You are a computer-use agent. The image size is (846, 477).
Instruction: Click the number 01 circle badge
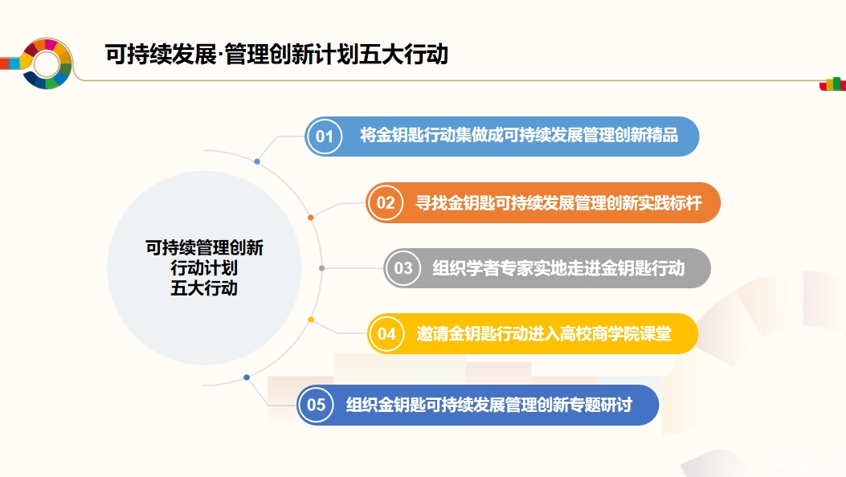tap(325, 137)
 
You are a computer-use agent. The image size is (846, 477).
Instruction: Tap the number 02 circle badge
tap(385, 202)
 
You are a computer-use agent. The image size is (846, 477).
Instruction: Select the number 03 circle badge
tap(403, 268)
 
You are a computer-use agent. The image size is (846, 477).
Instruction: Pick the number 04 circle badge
tap(386, 333)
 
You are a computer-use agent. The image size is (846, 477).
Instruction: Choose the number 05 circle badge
tap(316, 405)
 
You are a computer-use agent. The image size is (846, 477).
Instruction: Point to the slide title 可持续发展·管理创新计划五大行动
tap(276, 55)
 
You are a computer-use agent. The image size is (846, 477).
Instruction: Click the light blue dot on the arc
tap(257, 161)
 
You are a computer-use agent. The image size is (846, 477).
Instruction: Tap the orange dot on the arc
tap(311, 218)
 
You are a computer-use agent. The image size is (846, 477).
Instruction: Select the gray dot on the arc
tap(321, 268)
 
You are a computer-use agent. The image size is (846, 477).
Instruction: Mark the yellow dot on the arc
tap(311, 320)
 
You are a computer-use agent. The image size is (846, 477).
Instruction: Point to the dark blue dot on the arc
tap(247, 377)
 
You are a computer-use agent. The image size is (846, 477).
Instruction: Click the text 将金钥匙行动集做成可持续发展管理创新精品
tap(519, 135)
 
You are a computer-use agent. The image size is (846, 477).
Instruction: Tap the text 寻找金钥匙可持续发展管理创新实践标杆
tap(558, 202)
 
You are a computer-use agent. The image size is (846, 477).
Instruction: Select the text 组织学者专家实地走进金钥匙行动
tap(558, 268)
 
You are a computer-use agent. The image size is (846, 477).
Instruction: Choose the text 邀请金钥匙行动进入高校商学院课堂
tap(544, 333)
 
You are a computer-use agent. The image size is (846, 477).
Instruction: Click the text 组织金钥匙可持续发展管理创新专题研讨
tap(488, 405)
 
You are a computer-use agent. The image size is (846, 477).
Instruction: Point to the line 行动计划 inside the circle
tap(204, 268)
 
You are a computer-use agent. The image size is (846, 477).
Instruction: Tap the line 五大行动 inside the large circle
tap(204, 287)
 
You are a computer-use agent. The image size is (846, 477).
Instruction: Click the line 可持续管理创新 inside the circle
tap(204, 247)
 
